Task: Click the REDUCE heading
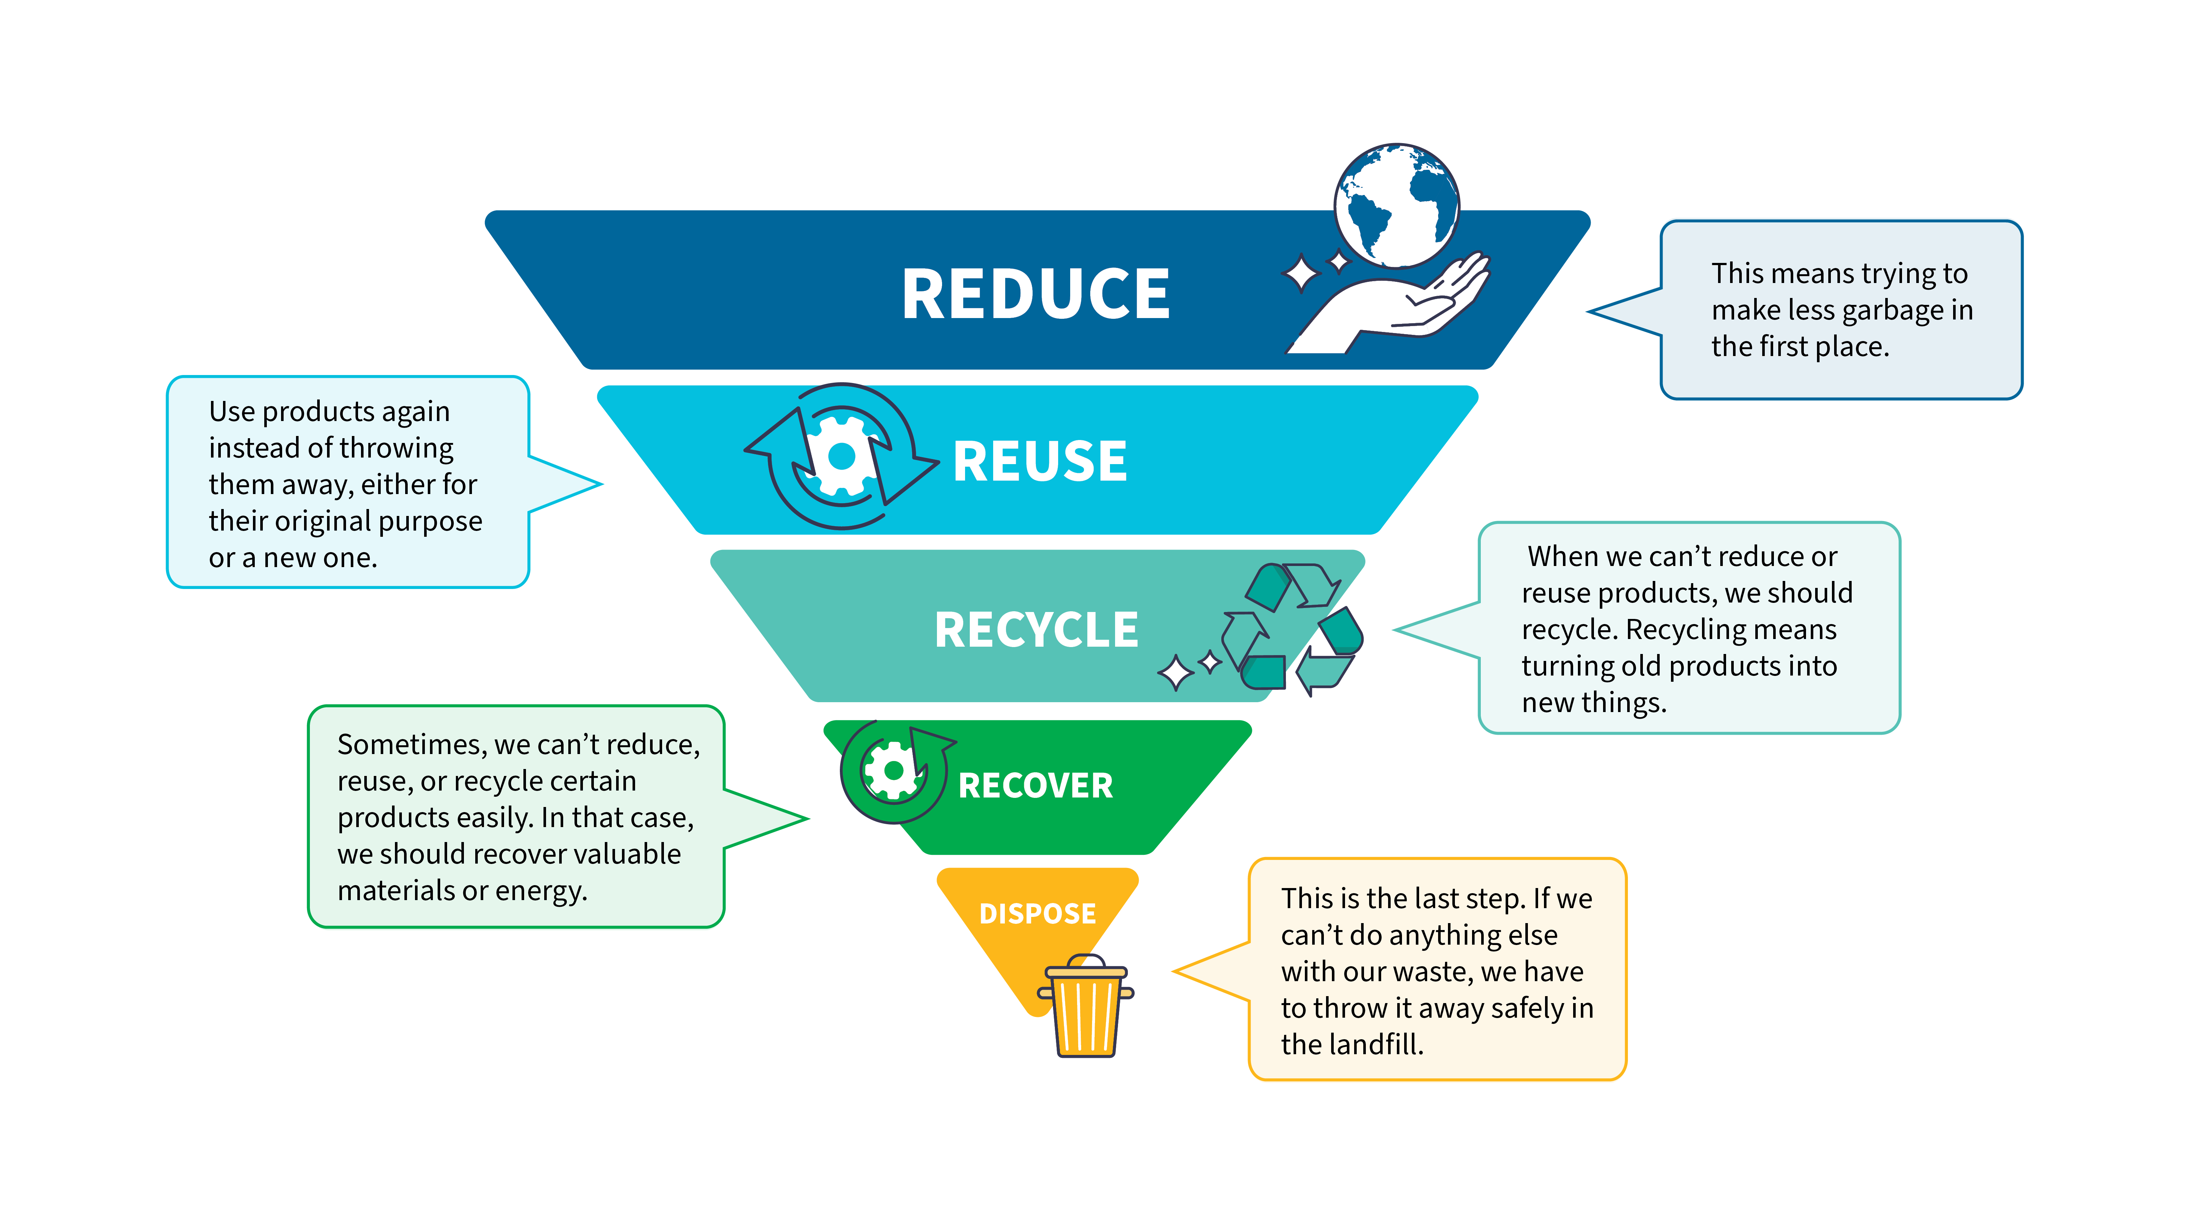(1036, 293)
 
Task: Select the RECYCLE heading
(1036, 630)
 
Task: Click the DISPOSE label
(1037, 913)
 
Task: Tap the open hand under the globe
(1394, 306)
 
